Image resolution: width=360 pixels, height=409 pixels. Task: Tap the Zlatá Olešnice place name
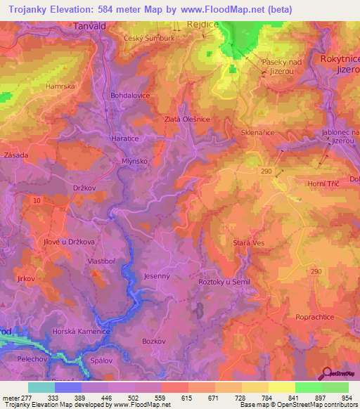pyautogui.click(x=187, y=119)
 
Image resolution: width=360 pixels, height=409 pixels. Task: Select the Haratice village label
pyautogui.click(x=124, y=139)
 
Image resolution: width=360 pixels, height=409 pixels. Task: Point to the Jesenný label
pyautogui.click(x=156, y=276)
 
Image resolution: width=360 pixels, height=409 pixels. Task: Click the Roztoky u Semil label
pyautogui.click(x=224, y=282)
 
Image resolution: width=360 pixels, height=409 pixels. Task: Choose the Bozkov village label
pyautogui.click(x=153, y=341)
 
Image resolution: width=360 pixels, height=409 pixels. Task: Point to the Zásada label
pyautogui.click(x=16, y=155)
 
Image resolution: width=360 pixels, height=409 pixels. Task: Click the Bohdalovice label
pyautogui.click(x=128, y=93)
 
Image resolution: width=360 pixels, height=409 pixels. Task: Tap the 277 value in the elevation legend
pyautogui.click(x=28, y=398)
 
